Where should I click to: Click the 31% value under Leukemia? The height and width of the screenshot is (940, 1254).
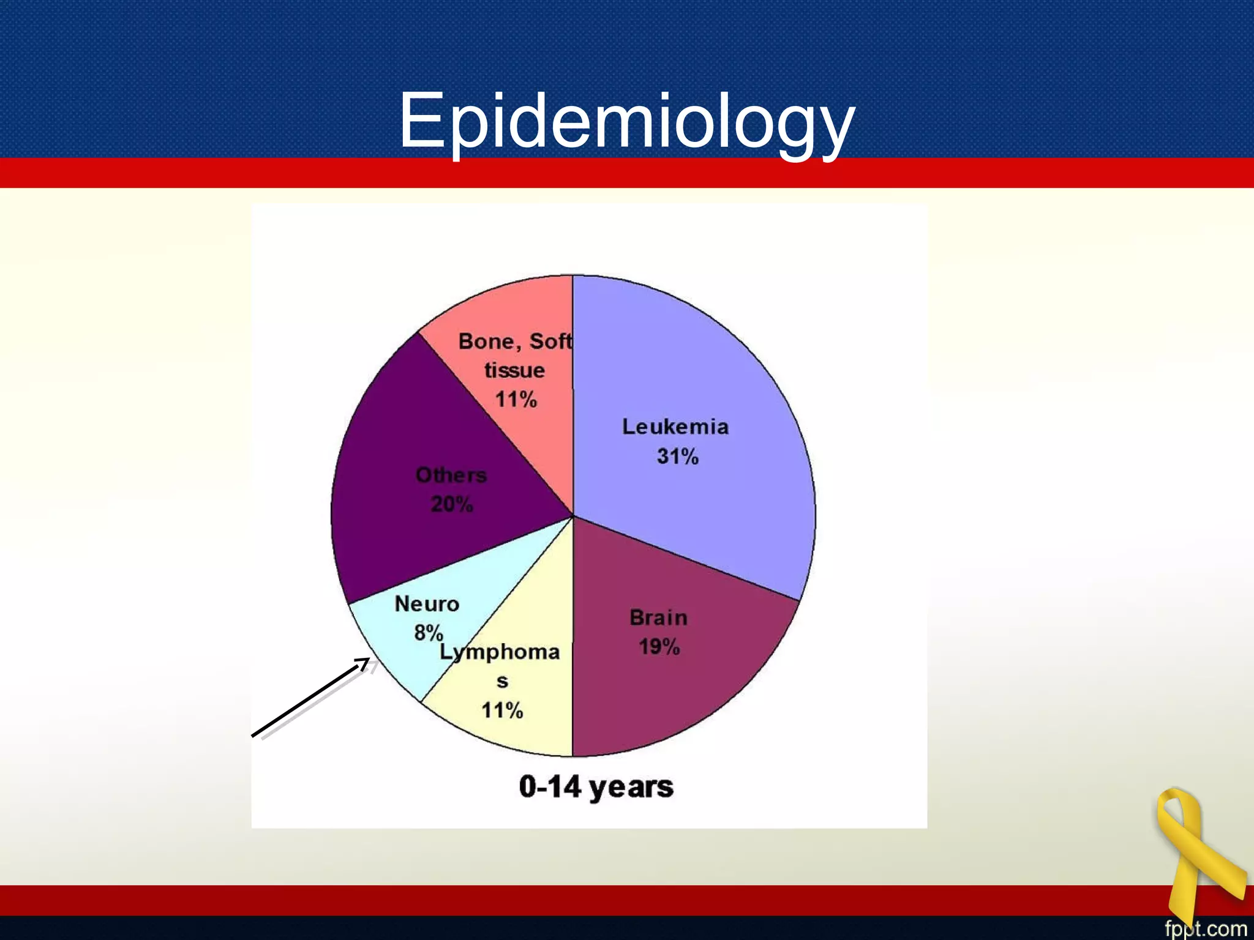pyautogui.click(x=677, y=457)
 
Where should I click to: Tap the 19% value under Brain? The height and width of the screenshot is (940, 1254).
pyautogui.click(x=659, y=647)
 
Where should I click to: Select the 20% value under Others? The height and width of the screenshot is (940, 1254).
pyautogui.click(x=451, y=505)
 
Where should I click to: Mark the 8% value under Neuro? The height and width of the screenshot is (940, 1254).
pyautogui.click(x=428, y=633)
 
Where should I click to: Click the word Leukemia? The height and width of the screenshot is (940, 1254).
pyautogui.click(x=675, y=427)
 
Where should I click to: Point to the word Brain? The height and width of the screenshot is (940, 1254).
pyautogui.click(x=658, y=617)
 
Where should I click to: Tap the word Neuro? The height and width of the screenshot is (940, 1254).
pyautogui.click(x=427, y=604)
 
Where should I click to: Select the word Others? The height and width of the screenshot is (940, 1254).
pyautogui.click(x=451, y=476)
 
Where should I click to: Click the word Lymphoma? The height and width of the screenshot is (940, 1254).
pyautogui.click(x=500, y=652)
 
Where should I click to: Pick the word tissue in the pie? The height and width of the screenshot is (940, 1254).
pyautogui.click(x=514, y=370)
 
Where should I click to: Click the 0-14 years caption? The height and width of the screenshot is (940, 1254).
pyautogui.click(x=596, y=787)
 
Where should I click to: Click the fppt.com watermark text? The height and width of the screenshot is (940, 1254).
pyautogui.click(x=1205, y=928)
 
